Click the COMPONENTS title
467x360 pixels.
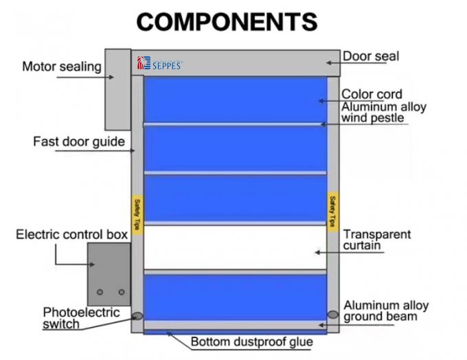[227, 22]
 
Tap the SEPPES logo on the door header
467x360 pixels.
[159, 63]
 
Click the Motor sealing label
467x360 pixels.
[62, 67]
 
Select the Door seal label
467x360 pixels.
[371, 56]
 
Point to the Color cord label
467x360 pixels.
[372, 94]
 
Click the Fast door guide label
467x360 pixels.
[79, 142]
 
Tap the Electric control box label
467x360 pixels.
[72, 234]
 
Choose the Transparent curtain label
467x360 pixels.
[377, 240]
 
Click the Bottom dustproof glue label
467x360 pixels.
[251, 342]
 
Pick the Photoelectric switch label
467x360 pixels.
[81, 318]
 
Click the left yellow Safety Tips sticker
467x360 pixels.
[137, 215]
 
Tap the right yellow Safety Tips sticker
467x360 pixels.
[332, 212]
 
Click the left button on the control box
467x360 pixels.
[100, 292]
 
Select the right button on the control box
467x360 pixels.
[122, 292]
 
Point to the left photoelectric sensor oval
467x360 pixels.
[137, 315]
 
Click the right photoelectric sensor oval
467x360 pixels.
[332, 315]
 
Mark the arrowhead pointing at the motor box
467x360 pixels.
[111, 77]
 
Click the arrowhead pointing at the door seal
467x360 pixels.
[329, 63]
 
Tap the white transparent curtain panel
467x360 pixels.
[236, 247]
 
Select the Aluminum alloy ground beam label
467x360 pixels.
[386, 311]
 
